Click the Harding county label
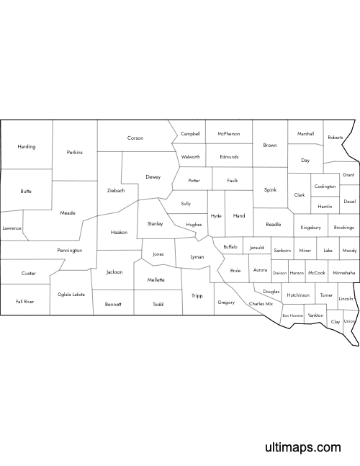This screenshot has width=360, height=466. pyautogui.click(x=27, y=147)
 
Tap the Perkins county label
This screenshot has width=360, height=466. pyautogui.click(x=75, y=152)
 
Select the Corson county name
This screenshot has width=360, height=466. pyautogui.click(x=135, y=138)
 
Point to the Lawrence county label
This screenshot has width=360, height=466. pyautogui.click(x=12, y=228)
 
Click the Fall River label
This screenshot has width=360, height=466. pyautogui.click(x=24, y=302)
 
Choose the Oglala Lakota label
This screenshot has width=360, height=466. pyautogui.click(x=71, y=294)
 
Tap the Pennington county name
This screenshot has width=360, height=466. pyautogui.click(x=70, y=251)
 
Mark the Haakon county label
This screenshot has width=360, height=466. pyautogui.click(x=119, y=233)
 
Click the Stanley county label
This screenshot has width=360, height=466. pyautogui.click(x=155, y=224)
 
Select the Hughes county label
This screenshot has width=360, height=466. pyautogui.click(x=194, y=225)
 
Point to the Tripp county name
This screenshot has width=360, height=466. pyautogui.click(x=197, y=296)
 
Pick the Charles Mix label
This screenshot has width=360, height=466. pyautogui.click(x=261, y=304)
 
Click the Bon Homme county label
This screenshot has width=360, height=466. pyautogui.click(x=292, y=315)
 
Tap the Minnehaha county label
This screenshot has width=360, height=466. pyautogui.click(x=344, y=273)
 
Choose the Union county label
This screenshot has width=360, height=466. pyautogui.click(x=350, y=321)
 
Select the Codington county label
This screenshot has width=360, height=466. pyautogui.click(x=325, y=187)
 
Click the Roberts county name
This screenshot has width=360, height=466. pyautogui.click(x=336, y=137)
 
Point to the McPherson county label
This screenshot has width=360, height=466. pyautogui.click(x=229, y=134)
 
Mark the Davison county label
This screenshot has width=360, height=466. pyautogui.click(x=279, y=274)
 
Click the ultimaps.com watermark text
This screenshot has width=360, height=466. pyautogui.click(x=302, y=447)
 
